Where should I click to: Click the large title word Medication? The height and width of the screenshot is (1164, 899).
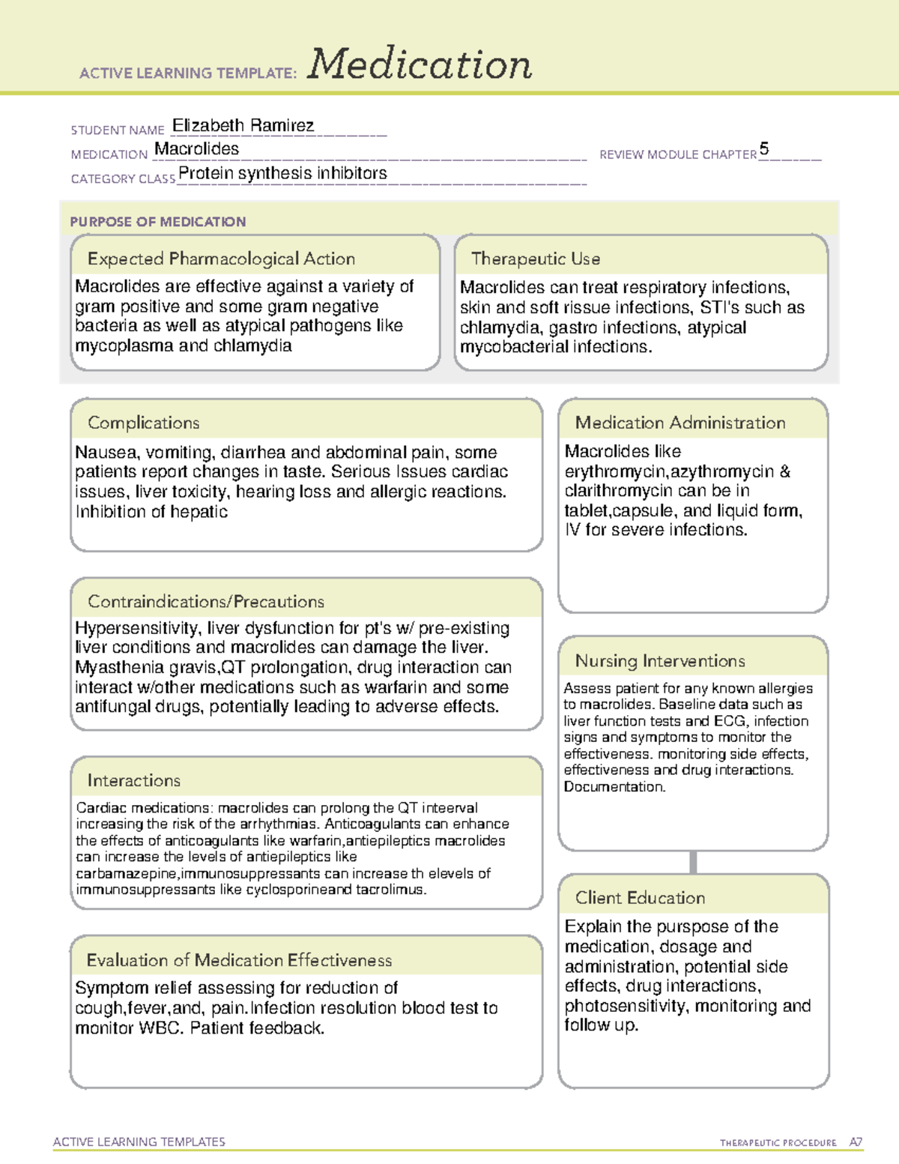click(420, 64)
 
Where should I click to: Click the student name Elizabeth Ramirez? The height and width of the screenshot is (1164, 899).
click(243, 125)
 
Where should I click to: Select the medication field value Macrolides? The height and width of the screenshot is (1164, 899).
click(196, 149)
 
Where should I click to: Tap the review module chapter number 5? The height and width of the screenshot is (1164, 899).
click(763, 148)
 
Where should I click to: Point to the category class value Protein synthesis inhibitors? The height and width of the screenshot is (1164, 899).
click(282, 173)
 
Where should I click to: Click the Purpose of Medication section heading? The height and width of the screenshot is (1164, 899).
click(157, 222)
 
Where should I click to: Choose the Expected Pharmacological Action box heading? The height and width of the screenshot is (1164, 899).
click(221, 259)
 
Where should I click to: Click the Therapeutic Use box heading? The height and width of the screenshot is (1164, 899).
click(535, 259)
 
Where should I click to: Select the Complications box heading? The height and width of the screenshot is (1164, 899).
click(143, 423)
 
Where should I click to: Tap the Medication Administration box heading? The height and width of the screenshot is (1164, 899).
click(679, 423)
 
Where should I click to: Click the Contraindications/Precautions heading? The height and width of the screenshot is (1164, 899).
click(205, 601)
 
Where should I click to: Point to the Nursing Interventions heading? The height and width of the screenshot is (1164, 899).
click(659, 660)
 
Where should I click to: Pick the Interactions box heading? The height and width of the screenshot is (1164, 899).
click(133, 780)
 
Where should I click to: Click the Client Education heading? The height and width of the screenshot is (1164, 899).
click(640, 898)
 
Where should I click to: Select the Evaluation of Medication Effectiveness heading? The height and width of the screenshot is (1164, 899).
click(239, 960)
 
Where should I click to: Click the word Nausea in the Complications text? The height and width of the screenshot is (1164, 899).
click(106, 453)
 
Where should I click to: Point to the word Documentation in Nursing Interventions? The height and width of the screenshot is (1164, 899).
click(614, 787)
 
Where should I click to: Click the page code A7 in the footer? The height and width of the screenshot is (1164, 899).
click(855, 1142)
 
